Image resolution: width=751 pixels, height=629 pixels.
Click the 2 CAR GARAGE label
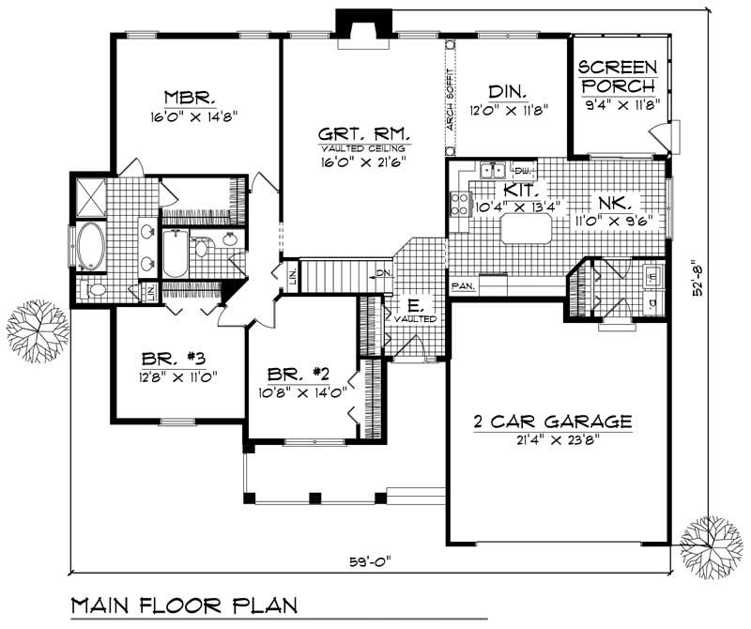552,422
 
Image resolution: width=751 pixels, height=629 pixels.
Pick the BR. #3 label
173,358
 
